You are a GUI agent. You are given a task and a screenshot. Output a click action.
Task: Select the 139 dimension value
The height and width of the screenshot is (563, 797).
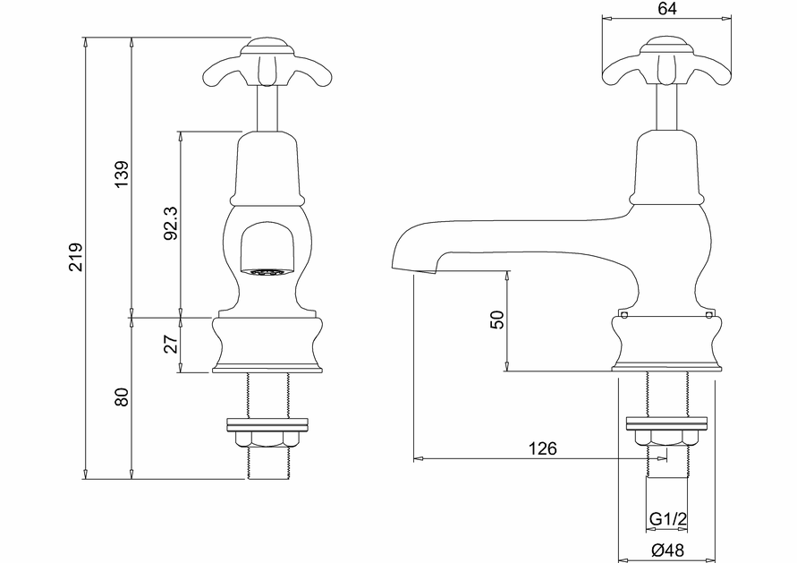tap(122, 175)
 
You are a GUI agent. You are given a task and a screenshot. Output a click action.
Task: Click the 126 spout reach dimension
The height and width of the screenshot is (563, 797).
tap(542, 448)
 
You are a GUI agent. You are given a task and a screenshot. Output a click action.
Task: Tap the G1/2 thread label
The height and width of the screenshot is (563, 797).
tap(666, 519)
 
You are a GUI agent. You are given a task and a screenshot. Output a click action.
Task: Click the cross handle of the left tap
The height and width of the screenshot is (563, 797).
tap(266, 63)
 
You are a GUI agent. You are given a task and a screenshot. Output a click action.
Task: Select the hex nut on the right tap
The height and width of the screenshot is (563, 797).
tap(666, 439)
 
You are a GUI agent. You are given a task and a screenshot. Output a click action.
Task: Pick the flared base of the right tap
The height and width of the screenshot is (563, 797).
tap(666, 345)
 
